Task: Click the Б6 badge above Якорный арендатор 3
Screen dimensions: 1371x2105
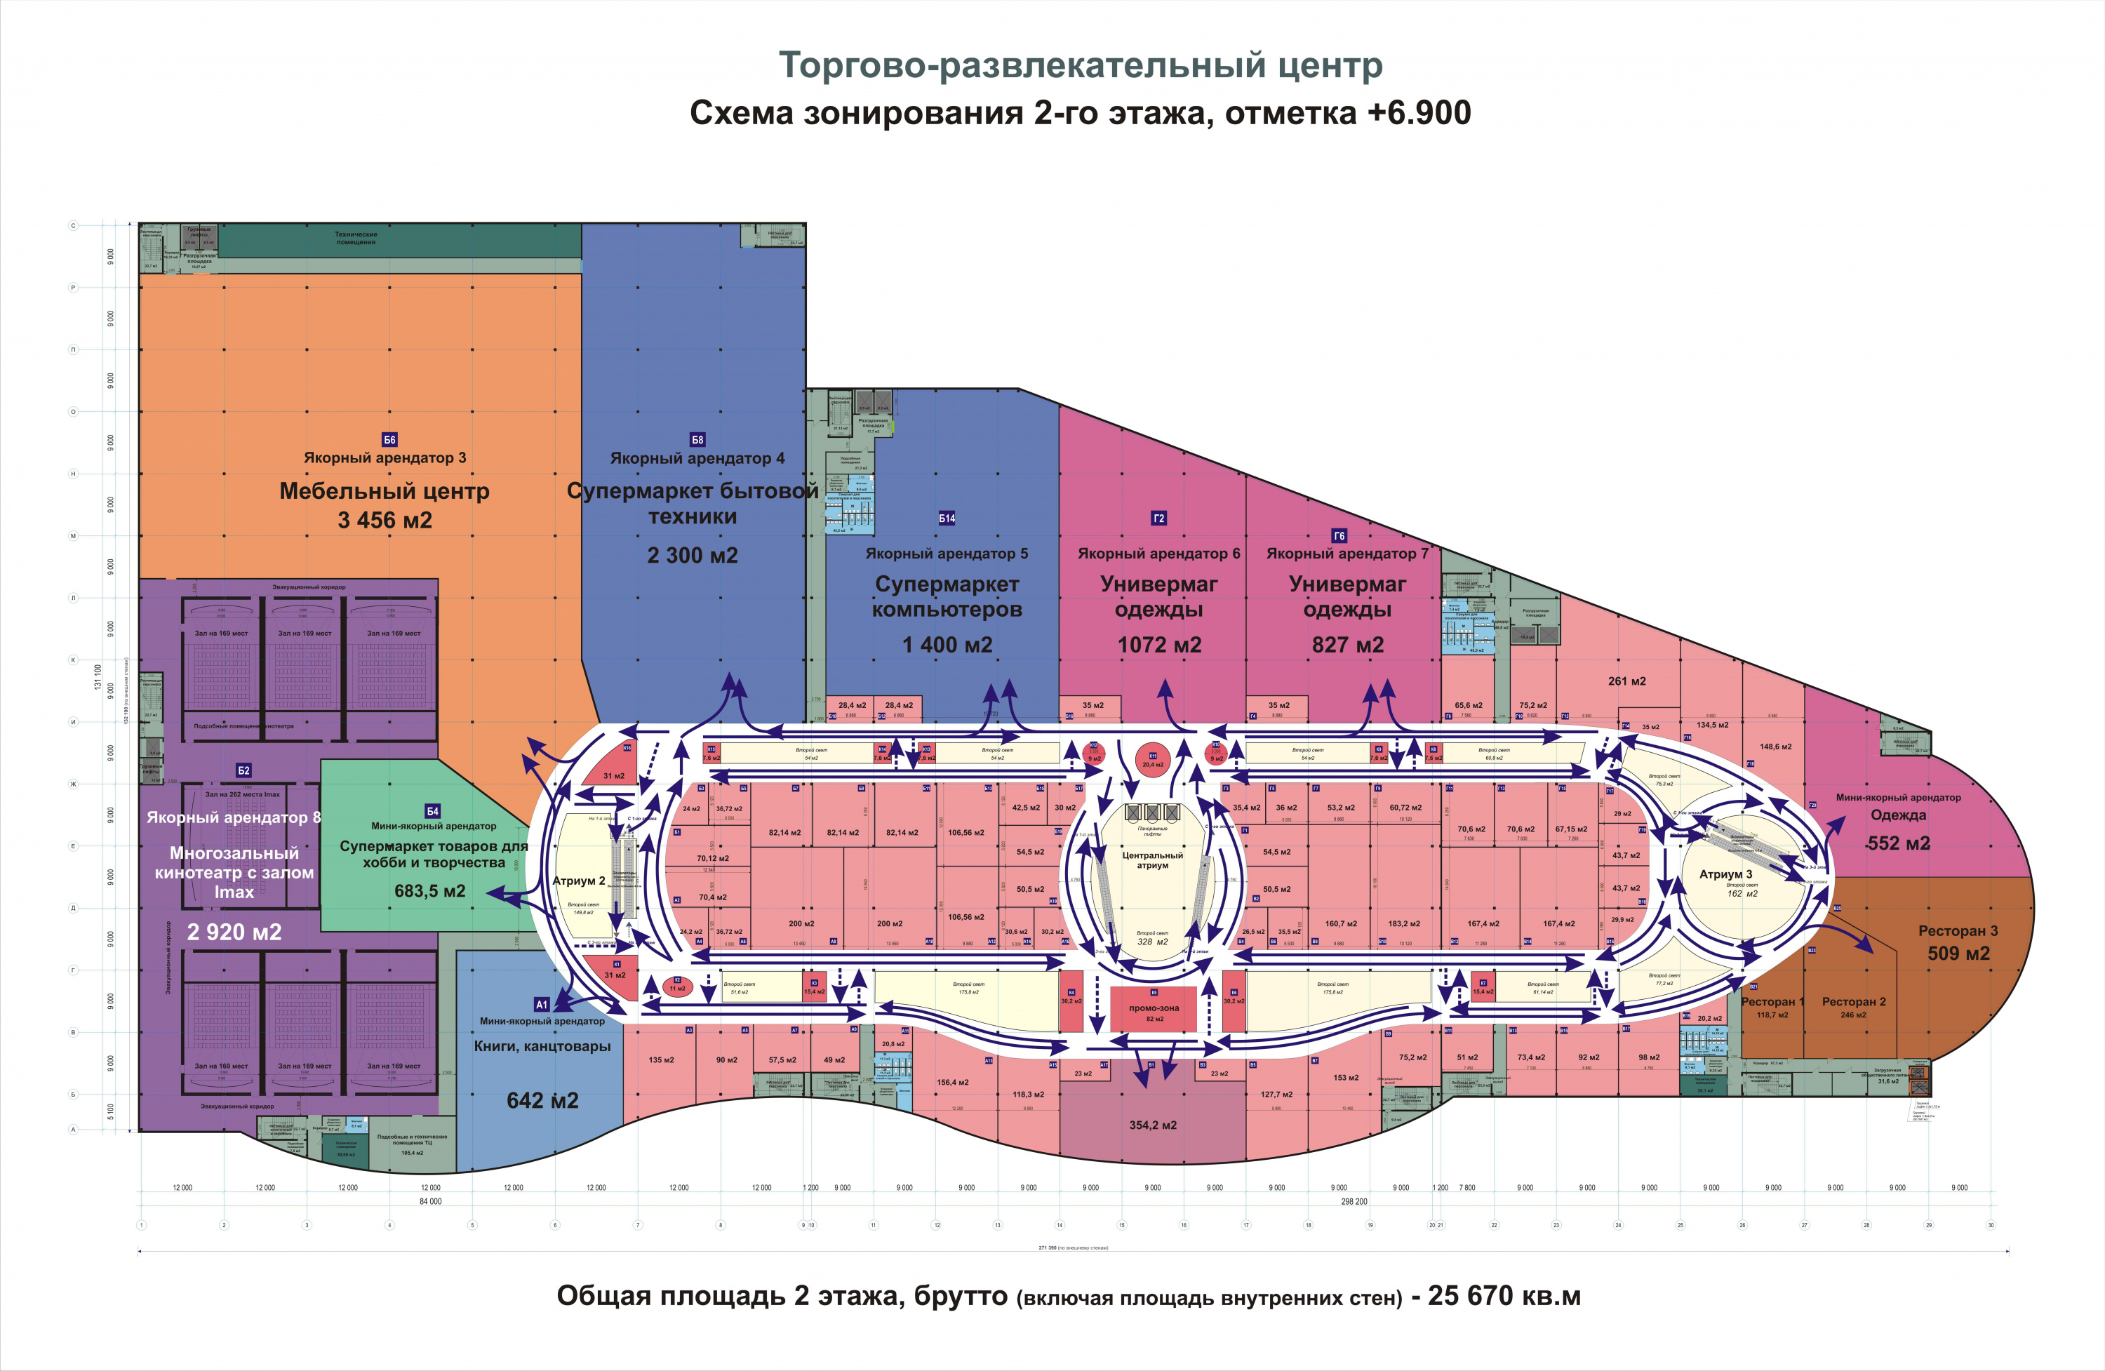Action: pyautogui.click(x=389, y=440)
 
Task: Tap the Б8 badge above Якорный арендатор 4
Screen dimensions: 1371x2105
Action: pyautogui.click(x=697, y=440)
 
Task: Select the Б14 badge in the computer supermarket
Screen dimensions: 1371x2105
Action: pyautogui.click(x=947, y=519)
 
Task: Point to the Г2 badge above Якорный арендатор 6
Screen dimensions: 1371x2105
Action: pyautogui.click(x=1158, y=519)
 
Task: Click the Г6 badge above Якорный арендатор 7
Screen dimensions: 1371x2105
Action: pyautogui.click(x=1339, y=536)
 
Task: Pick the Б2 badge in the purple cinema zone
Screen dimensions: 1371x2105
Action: pyautogui.click(x=244, y=770)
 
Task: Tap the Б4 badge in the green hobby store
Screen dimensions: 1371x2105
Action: pyautogui.click(x=432, y=811)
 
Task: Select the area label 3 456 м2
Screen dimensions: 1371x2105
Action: pyautogui.click(x=385, y=520)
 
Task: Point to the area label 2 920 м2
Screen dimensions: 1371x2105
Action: pyautogui.click(x=234, y=932)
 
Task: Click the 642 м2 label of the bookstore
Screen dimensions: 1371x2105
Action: pyautogui.click(x=542, y=1100)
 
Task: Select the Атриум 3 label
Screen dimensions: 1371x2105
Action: pyautogui.click(x=1725, y=874)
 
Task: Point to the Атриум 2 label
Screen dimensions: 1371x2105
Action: pyautogui.click(x=578, y=881)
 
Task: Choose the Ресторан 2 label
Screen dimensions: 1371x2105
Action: pyautogui.click(x=1854, y=1001)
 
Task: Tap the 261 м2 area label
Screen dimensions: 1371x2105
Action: pyautogui.click(x=1626, y=681)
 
